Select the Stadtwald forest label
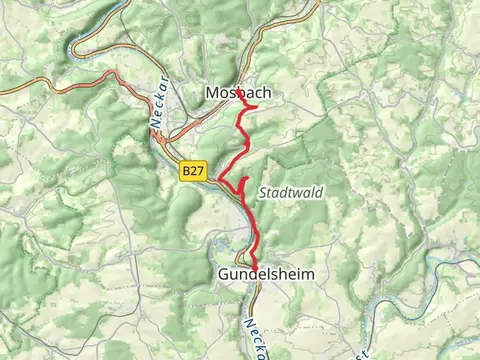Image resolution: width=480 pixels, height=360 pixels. [x=290, y=193]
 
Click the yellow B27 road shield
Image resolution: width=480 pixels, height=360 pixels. [x=194, y=173]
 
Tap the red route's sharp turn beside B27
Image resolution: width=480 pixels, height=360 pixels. [x=218, y=180]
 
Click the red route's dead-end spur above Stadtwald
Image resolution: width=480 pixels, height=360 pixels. [x=245, y=179]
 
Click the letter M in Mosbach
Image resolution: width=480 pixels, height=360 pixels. [x=211, y=93]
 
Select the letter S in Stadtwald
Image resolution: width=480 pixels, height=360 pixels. [x=262, y=193]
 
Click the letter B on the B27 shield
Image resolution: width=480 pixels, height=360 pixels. [x=187, y=173]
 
